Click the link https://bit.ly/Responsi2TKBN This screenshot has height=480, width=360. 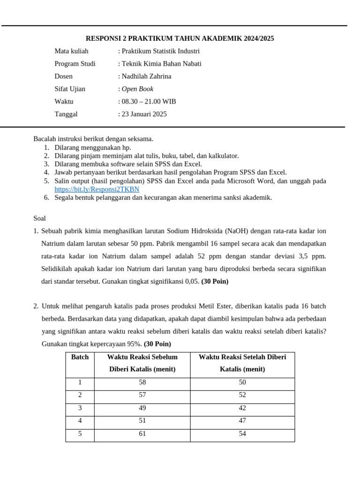[97, 189]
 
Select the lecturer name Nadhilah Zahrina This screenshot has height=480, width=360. [146, 76]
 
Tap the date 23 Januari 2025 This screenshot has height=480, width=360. [144, 114]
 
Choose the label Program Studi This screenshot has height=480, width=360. [75, 64]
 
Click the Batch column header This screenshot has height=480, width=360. [80, 357]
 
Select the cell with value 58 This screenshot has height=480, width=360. [142, 382]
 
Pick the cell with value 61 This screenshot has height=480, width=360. [142, 434]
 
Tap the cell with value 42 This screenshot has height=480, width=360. [242, 408]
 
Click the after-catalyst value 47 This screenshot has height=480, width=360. [242, 421]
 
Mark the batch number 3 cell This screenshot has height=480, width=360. [80, 408]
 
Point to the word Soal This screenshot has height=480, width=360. [40, 218]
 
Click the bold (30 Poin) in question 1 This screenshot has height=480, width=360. [215, 282]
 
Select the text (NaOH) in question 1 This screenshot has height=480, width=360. [237, 231]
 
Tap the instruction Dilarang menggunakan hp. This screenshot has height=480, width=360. [93, 148]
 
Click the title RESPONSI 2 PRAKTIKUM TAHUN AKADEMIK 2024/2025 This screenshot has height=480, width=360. [180, 38]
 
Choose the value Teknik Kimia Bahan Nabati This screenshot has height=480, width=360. [161, 64]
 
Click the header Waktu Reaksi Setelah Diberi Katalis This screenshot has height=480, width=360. [242, 363]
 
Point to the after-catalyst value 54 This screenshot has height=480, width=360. [242, 434]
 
